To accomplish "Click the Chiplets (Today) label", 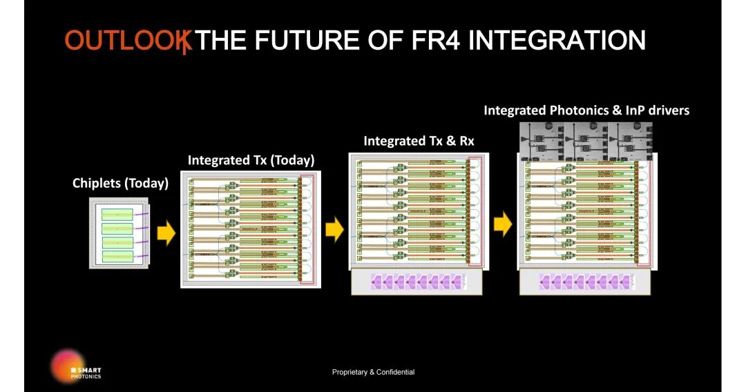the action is [x=120, y=184].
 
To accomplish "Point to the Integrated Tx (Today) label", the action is [x=251, y=160].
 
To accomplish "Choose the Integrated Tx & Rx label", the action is [x=419, y=141].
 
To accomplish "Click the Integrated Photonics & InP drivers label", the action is [x=586, y=110].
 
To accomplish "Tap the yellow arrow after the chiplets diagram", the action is [x=166, y=233].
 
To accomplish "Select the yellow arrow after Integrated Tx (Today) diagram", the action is [x=334, y=230].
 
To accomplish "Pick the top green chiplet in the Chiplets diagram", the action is [x=117, y=215].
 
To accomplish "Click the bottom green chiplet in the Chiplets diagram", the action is [x=117, y=256].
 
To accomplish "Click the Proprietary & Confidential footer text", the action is [x=373, y=372].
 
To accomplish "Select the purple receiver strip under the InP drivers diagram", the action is [x=586, y=282].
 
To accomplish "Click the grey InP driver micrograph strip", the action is [x=586, y=137].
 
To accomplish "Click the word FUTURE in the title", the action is [x=306, y=41].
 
